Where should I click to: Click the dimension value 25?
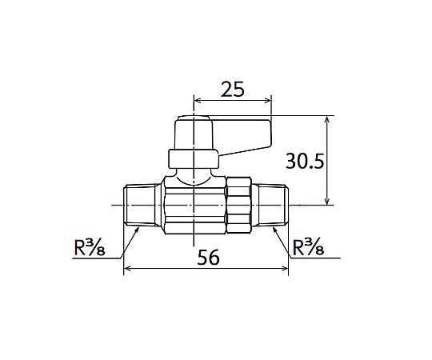tap(233, 90)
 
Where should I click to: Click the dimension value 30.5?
tap(305, 161)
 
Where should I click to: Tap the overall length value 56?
tap(209, 258)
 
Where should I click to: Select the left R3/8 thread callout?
tap(90, 247)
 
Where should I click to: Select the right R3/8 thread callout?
tap(308, 247)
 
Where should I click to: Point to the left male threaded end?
tap(141, 206)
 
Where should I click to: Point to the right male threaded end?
tap(270, 206)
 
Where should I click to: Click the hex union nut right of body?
tap(238, 206)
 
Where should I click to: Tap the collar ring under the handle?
tap(194, 159)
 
